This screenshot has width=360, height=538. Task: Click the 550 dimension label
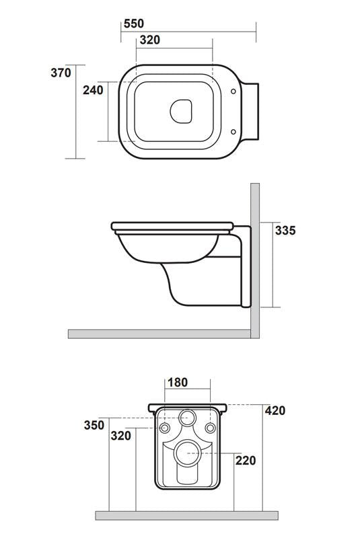[x=134, y=24]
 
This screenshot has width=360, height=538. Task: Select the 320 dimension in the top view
[x=149, y=40]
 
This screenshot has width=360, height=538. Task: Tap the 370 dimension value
[x=60, y=73]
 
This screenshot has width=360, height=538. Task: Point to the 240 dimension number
[x=93, y=90]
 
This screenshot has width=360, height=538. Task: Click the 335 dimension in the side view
[x=285, y=231]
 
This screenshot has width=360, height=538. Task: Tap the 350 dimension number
[x=94, y=425]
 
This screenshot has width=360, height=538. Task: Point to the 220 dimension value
[x=246, y=460]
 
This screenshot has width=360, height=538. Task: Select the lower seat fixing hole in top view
[x=232, y=131]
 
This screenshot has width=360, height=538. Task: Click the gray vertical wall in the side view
[x=256, y=256]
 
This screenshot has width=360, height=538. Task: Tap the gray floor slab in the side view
[x=161, y=334]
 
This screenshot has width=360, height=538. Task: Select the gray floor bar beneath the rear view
[x=186, y=515]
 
